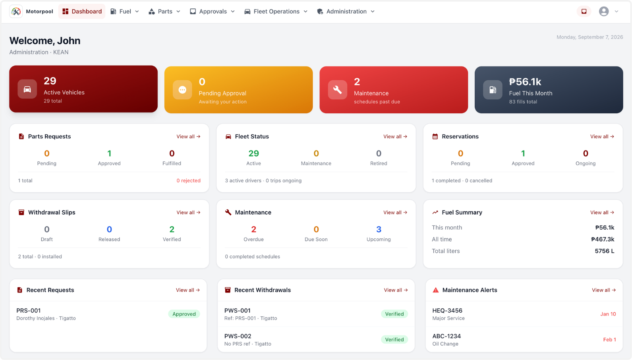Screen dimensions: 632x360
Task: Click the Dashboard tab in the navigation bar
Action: click(x=81, y=11)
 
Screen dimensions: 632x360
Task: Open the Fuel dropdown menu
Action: click(x=125, y=11)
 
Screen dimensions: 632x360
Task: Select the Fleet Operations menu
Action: click(x=276, y=11)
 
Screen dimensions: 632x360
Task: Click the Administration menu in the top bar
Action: click(x=346, y=11)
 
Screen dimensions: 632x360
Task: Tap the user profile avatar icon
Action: click(x=603, y=11)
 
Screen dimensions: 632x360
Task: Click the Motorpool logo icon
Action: click(x=16, y=11)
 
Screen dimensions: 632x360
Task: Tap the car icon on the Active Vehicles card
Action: click(x=27, y=89)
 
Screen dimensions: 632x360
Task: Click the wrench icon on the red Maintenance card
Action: click(x=337, y=90)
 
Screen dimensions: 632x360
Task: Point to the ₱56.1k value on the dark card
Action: click(x=525, y=81)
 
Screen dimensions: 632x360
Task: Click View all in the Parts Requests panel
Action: click(x=188, y=137)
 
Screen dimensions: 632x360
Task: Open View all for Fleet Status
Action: click(x=395, y=137)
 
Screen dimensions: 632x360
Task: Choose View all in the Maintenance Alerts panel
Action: click(x=604, y=290)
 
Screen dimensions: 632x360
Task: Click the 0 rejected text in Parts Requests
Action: click(x=188, y=180)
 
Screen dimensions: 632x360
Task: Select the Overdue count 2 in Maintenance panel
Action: click(x=254, y=229)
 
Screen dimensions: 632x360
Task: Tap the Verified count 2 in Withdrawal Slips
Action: click(x=172, y=229)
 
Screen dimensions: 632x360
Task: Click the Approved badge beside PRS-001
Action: click(x=184, y=314)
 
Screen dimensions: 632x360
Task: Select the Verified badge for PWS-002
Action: click(x=394, y=340)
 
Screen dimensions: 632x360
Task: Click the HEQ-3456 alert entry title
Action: click(x=447, y=311)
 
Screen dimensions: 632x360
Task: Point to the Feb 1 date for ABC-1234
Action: click(x=609, y=340)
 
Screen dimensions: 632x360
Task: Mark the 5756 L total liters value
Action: click(x=604, y=251)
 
